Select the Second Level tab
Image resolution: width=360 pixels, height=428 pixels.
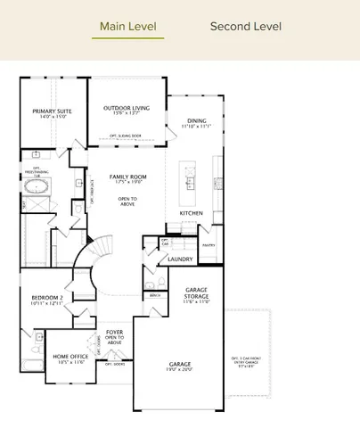(x=245, y=27)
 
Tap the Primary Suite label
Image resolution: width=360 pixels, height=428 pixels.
(x=52, y=111)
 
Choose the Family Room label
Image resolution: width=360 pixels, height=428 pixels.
(x=127, y=177)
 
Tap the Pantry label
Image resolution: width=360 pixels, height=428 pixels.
(x=209, y=243)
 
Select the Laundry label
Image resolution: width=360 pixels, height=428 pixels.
(x=181, y=259)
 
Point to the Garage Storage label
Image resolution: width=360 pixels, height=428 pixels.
(x=196, y=292)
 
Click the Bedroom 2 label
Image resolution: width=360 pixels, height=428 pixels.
(x=46, y=297)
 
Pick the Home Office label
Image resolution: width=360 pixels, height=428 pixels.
(x=68, y=358)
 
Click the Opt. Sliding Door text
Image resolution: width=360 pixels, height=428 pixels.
(x=126, y=136)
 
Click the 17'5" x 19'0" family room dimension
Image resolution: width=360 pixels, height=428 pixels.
(x=127, y=184)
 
